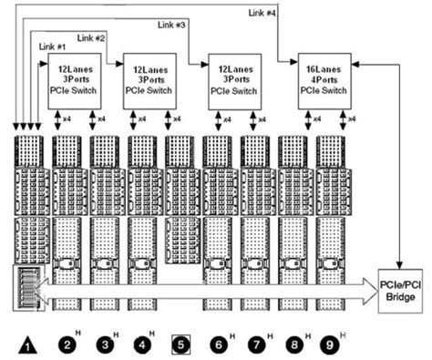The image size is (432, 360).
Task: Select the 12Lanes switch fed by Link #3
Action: click(x=234, y=80)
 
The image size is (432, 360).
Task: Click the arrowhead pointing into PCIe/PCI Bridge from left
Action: click(x=374, y=289)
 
